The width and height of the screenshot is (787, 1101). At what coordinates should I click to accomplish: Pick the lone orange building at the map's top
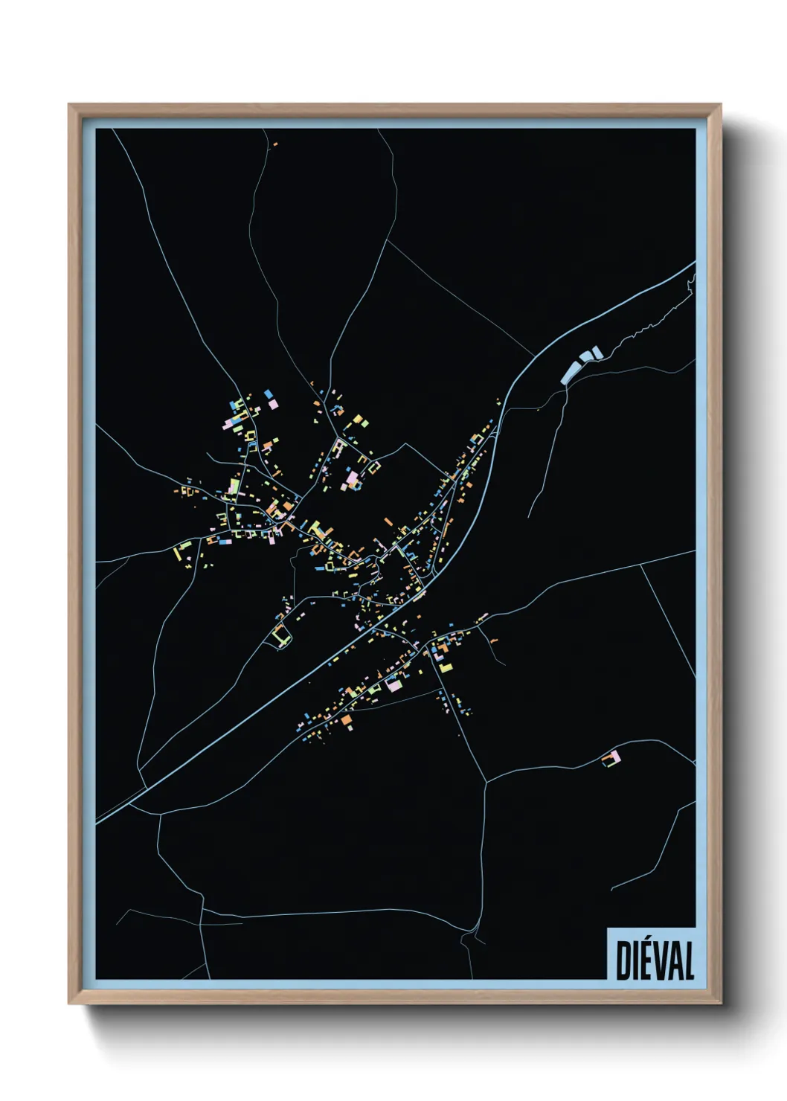tap(275, 144)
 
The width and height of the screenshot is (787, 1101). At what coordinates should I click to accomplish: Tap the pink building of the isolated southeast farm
tap(615, 757)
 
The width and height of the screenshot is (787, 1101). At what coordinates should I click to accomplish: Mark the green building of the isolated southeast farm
tap(608, 763)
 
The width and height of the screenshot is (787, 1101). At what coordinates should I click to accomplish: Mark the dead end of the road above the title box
tap(611, 890)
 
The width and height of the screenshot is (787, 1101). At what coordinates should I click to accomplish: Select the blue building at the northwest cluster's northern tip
tap(267, 392)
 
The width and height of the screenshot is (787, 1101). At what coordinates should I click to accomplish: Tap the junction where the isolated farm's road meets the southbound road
tap(486, 781)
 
